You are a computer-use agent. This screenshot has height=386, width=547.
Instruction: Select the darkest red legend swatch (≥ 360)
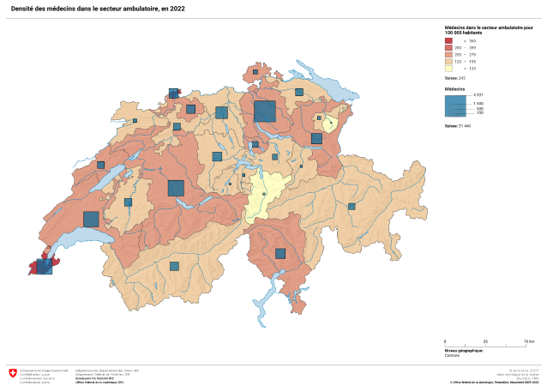(448, 40)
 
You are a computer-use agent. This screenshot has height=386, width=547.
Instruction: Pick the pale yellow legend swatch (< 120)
(448, 68)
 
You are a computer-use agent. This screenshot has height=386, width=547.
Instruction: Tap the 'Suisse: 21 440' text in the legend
(458, 125)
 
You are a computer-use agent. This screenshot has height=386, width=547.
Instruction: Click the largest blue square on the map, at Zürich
(264, 112)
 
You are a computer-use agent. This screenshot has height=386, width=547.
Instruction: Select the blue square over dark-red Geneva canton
(44, 266)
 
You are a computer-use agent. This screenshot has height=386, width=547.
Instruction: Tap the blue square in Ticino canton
(280, 253)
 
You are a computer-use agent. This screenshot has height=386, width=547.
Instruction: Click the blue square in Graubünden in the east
(352, 206)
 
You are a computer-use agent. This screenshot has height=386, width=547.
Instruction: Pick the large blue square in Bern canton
(176, 188)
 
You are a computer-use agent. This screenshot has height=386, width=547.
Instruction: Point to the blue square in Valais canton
(174, 266)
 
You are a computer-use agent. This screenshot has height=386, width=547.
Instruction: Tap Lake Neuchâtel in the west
(105, 183)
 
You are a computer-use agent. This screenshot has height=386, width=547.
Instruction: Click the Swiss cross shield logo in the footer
(13, 373)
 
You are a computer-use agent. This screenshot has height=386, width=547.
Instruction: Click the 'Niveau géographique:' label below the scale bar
(463, 350)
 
